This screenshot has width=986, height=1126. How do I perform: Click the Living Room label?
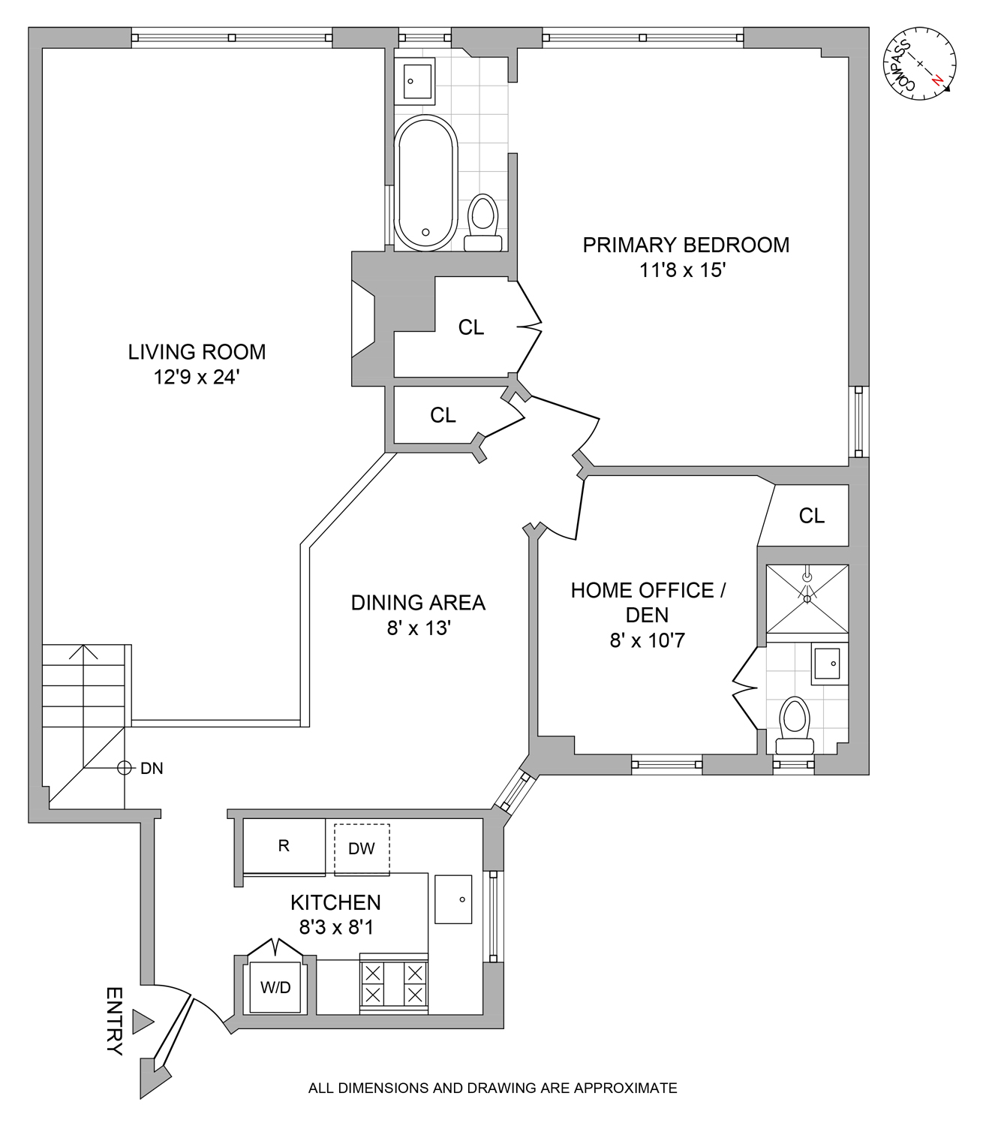click(197, 351)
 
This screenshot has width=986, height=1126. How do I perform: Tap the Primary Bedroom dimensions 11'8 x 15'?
click(682, 270)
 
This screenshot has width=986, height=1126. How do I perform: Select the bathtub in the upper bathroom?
click(425, 183)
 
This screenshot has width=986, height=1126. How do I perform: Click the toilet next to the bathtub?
click(482, 222)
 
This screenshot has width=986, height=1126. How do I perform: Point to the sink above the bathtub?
click(418, 81)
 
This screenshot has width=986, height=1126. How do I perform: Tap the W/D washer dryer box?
click(275, 987)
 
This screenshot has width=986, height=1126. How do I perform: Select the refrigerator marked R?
click(284, 847)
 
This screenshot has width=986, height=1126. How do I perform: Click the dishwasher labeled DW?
click(362, 849)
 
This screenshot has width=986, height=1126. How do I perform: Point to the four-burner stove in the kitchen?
click(394, 984)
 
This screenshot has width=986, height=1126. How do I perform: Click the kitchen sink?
click(453, 899)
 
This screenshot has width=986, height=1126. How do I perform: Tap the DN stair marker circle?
click(125, 768)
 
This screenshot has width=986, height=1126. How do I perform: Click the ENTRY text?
click(114, 1021)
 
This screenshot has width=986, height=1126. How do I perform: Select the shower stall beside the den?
click(807, 599)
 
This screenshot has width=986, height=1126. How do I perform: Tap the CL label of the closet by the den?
click(811, 516)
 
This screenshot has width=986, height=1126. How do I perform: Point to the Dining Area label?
click(418, 603)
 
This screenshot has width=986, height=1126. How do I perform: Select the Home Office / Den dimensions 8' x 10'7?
click(647, 640)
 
